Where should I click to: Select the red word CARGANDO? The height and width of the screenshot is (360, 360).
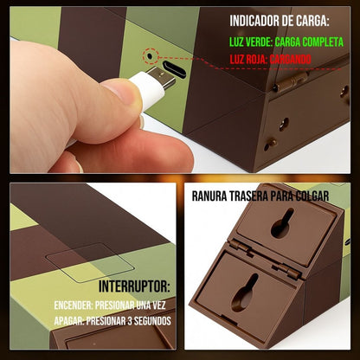(x=290, y=60)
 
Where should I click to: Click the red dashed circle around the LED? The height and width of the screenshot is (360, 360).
(x=151, y=56)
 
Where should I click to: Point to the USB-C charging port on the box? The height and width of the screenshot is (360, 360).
(x=174, y=69)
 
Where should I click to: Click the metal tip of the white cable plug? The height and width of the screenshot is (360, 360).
(x=162, y=77)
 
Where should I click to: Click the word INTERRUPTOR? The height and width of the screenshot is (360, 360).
(x=134, y=286)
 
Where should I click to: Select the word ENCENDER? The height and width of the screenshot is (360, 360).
(x=74, y=305)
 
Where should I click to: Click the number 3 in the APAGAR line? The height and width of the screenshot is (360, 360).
(x=130, y=321)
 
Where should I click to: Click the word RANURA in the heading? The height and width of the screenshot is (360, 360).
(x=209, y=196)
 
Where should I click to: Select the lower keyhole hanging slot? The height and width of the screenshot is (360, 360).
(x=244, y=292)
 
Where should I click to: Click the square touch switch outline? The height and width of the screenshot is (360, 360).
(x=90, y=262)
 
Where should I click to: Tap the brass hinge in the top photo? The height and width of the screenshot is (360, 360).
(x=290, y=82)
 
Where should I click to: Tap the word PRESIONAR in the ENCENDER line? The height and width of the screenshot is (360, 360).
(x=115, y=305)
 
